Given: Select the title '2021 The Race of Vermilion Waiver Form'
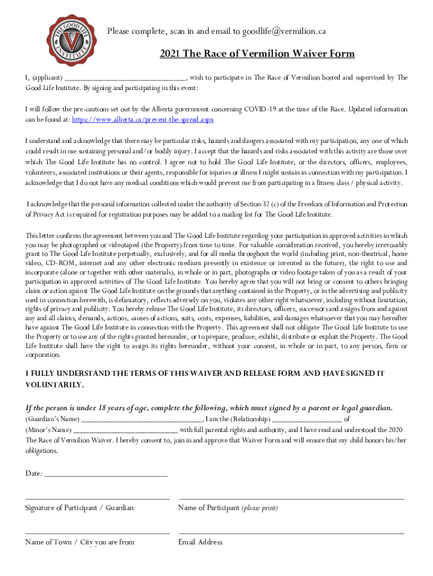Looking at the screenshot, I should [x=257, y=54].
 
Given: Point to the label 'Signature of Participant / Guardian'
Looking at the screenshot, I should [x=79, y=508].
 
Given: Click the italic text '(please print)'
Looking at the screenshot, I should [x=259, y=508].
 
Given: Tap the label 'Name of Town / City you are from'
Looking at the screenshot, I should [x=79, y=542].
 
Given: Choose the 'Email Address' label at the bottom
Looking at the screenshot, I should [x=200, y=542].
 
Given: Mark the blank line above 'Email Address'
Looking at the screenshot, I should [x=291, y=532].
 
